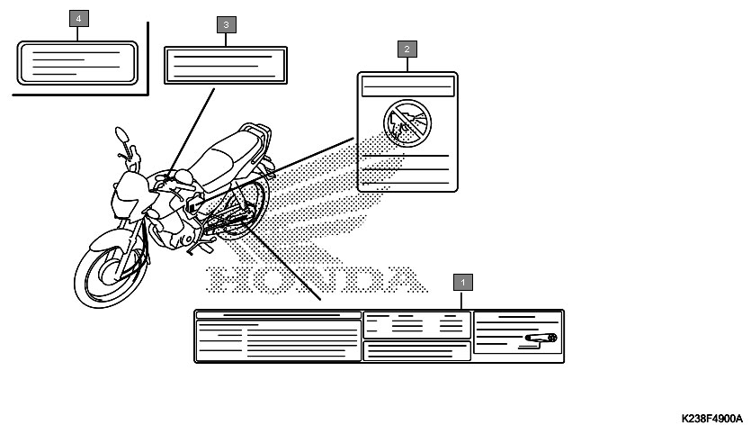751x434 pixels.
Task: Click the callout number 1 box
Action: [462, 282]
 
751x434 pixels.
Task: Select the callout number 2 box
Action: [407, 49]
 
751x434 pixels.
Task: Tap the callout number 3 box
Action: [226, 25]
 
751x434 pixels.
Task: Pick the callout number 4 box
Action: [78, 19]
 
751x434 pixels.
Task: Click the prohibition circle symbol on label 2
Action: [407, 123]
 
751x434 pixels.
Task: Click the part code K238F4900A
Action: [711, 419]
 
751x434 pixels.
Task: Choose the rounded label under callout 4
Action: [77, 63]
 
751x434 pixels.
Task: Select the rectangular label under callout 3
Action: [226, 65]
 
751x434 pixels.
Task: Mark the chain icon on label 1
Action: [541, 338]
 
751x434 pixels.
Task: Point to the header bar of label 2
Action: [407, 86]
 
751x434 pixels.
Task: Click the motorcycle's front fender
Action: [108, 239]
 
